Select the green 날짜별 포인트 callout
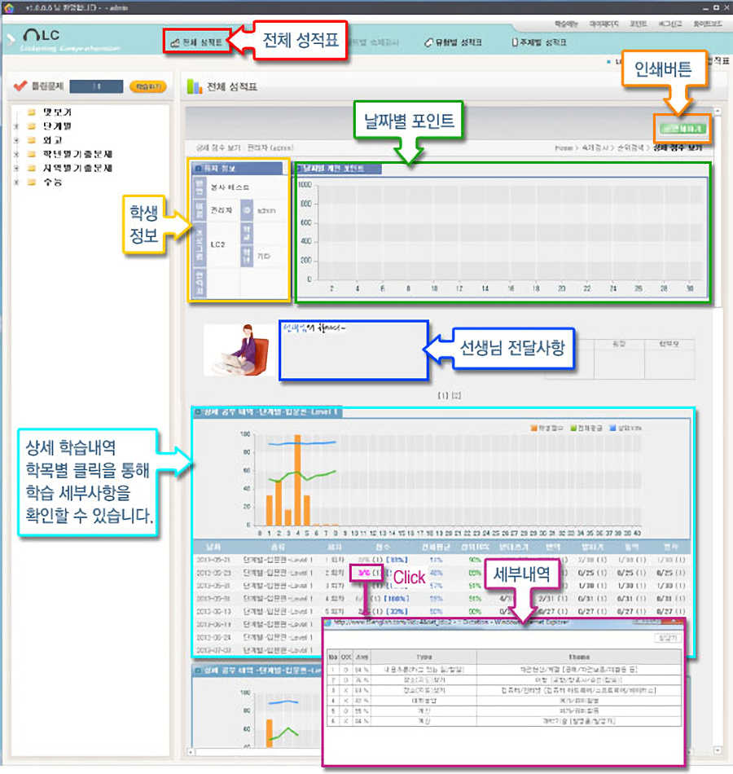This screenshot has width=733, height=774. pos(407,121)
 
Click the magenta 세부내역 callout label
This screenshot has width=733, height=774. pos(521,576)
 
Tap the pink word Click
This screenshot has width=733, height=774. pos(409,578)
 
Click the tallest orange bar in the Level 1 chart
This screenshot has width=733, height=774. pos(298,481)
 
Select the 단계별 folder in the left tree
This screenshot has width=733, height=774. pos(58,126)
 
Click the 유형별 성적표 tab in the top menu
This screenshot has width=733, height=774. pos(454,42)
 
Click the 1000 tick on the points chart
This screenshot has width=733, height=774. pos(305,184)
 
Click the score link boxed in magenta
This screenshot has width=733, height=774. pos(359,573)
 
